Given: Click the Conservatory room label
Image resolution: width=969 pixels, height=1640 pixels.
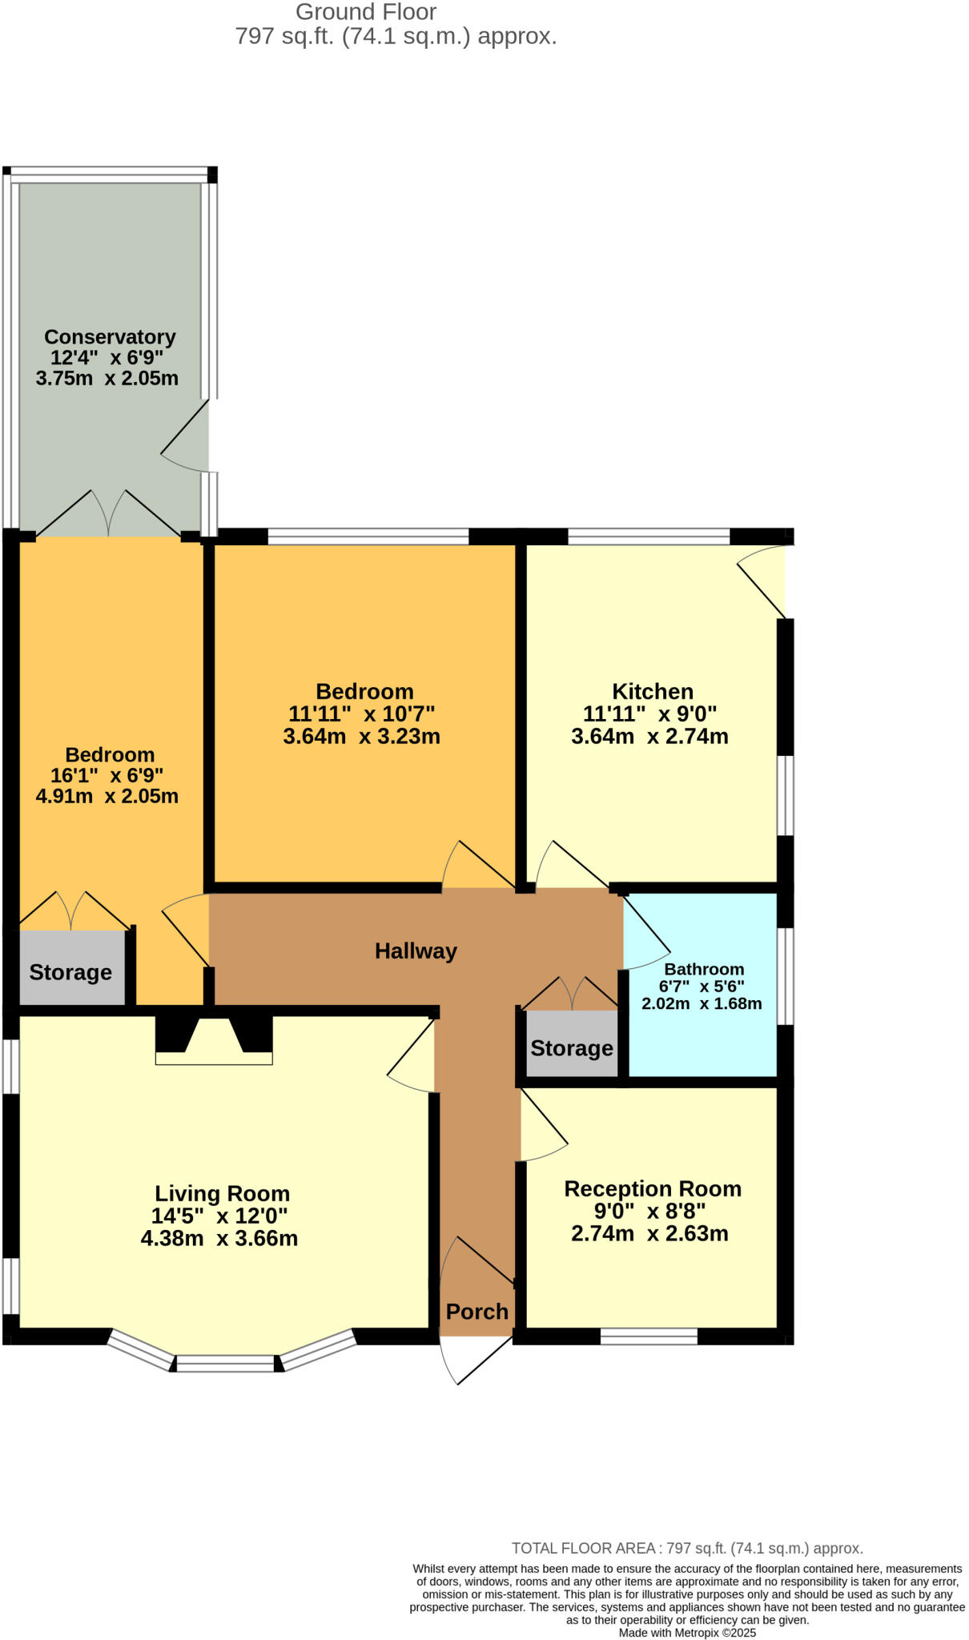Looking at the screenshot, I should (x=110, y=336).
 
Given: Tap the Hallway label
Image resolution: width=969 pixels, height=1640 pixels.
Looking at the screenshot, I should (x=416, y=951).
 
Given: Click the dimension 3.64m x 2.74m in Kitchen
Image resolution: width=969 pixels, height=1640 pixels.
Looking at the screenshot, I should (x=649, y=736).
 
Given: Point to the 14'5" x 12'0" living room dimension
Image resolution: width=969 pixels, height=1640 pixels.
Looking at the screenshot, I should (x=219, y=1216).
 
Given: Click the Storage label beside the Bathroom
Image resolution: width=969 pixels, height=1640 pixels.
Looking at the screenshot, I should (x=572, y=1048).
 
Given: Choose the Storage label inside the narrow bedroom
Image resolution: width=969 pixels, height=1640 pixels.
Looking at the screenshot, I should (x=70, y=972).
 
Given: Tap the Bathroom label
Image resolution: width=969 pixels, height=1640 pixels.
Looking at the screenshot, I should (x=704, y=969).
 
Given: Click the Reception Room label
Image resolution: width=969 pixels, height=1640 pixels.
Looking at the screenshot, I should (x=653, y=1188).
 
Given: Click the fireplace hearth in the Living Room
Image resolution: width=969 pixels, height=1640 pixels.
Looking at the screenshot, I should (x=214, y=1058).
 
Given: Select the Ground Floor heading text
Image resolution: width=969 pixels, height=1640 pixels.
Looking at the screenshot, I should (x=366, y=12).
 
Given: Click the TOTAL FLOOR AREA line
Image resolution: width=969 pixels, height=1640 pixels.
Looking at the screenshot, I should (x=687, y=1548).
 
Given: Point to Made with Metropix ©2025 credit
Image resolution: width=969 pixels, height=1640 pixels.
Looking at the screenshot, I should (x=687, y=1633).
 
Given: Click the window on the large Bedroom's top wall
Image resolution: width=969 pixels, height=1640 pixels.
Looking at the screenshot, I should (x=368, y=536).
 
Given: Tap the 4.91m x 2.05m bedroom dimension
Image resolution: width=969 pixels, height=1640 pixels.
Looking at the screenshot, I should (x=107, y=796).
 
